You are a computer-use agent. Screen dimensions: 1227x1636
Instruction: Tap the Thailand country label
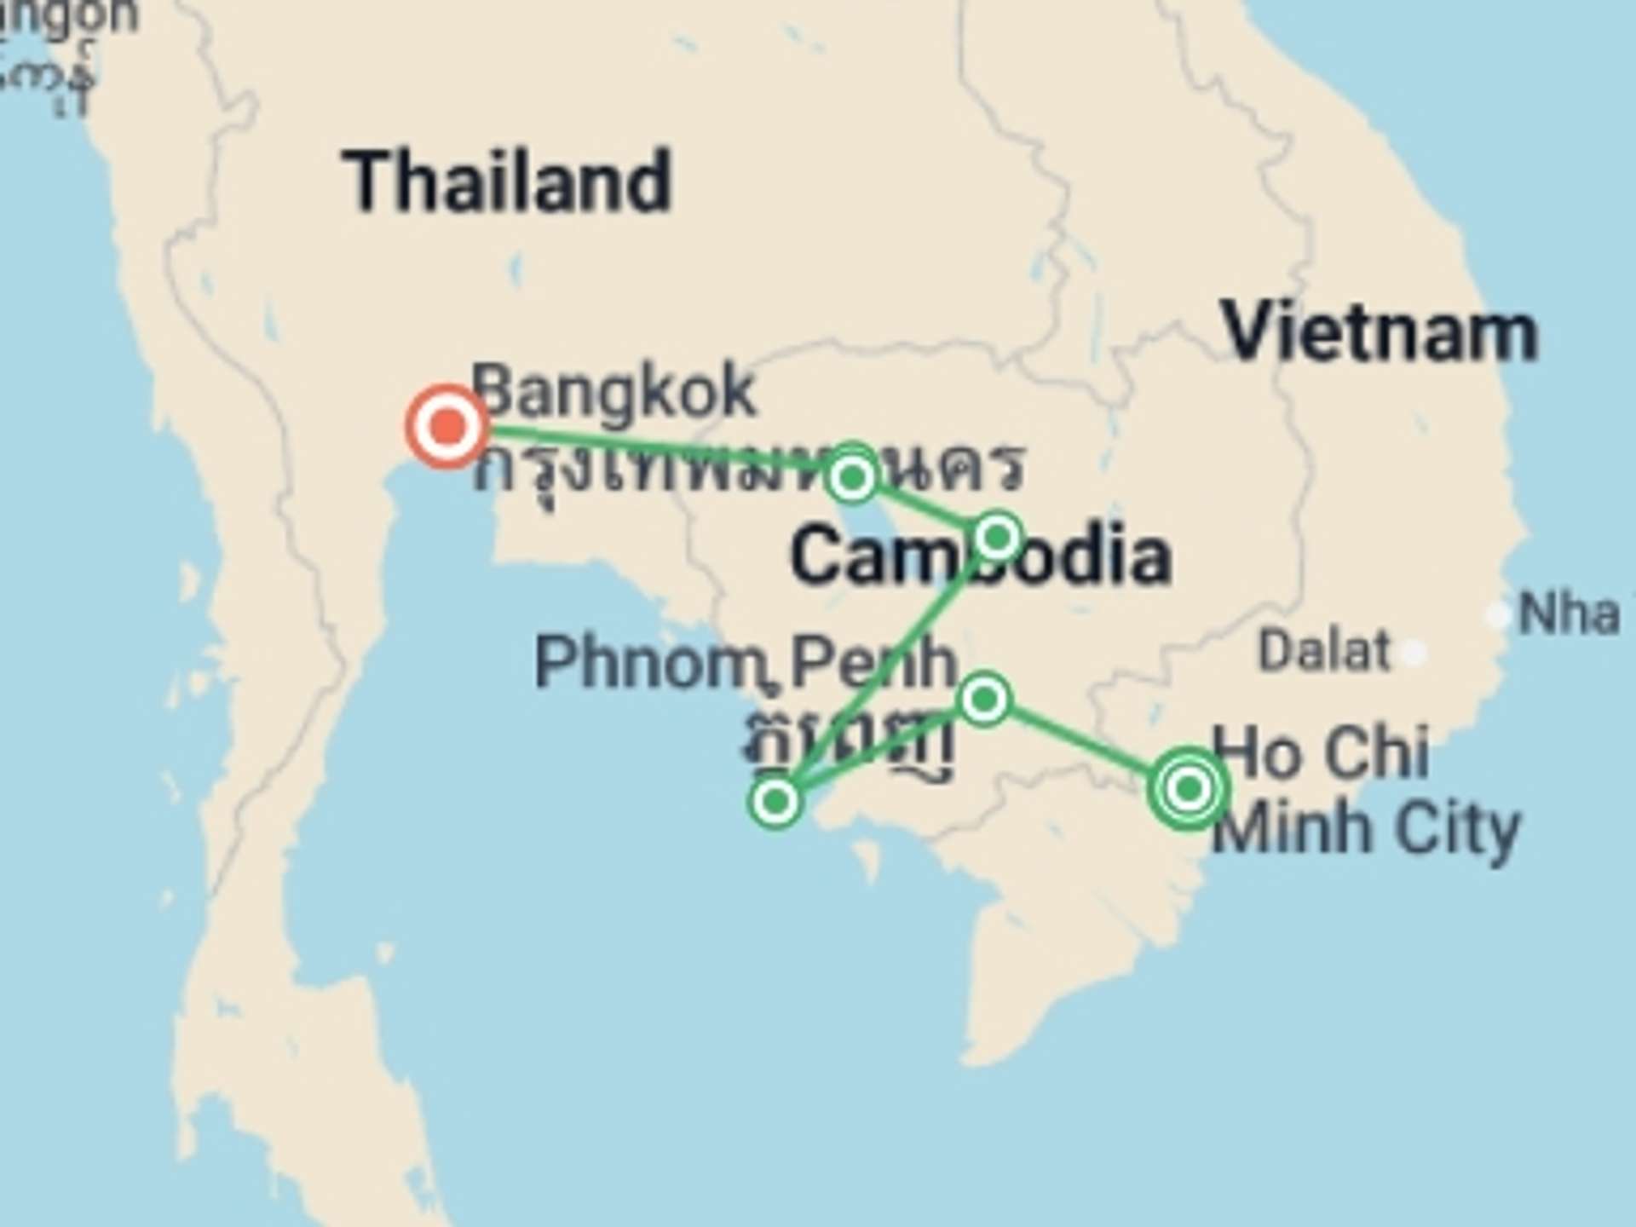[507, 181]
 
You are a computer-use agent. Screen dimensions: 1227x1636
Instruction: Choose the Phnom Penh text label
[746, 662]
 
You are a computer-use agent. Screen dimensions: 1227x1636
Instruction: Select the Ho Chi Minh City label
[1363, 788]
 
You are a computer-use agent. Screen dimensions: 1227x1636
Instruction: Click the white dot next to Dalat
[1414, 653]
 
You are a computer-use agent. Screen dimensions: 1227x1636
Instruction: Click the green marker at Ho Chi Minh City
[1189, 789]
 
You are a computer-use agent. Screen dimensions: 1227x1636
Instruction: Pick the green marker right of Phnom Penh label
[984, 700]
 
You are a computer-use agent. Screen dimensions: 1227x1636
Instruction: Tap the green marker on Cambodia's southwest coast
[775, 801]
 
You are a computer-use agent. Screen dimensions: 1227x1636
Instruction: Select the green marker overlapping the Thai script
[852, 476]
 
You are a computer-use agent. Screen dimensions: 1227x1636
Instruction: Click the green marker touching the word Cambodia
[997, 538]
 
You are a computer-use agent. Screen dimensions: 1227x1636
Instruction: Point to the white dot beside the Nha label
[1497, 615]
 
